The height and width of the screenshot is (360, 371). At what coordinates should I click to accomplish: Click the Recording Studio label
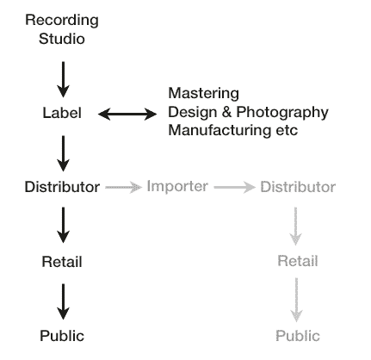coord(62,29)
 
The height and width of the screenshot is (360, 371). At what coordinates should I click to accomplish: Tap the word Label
coord(62,113)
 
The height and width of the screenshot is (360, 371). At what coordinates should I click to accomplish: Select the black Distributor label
coord(62,187)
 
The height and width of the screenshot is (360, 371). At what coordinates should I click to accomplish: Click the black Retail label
coord(62,262)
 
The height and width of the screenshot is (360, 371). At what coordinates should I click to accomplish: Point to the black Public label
coord(62,336)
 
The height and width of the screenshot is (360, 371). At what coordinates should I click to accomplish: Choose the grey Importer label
coord(177,187)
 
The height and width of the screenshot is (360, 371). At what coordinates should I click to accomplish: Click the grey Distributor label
coord(298,187)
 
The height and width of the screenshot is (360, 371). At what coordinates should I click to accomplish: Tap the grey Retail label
coord(298,261)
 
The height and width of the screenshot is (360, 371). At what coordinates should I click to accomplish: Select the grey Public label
coord(298,336)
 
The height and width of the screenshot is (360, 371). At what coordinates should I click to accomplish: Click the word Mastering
coord(203,94)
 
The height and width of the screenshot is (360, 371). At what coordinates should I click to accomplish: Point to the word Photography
coord(282,112)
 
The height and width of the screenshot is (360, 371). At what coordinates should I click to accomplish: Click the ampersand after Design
coord(226,112)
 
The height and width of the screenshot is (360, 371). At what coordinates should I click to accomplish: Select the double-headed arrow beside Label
coord(127,114)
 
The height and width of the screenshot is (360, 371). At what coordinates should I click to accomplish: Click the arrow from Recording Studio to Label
coord(63,79)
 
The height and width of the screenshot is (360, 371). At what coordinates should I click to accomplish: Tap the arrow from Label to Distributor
coord(63,153)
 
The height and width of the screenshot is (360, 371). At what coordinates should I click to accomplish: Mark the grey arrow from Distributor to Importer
coord(124,187)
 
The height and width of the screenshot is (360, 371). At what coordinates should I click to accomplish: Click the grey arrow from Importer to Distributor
coord(235,187)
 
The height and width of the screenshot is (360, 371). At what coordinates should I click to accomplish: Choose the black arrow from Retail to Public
coord(63,301)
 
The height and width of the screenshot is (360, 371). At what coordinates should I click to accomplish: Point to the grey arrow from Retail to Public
coord(296,300)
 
